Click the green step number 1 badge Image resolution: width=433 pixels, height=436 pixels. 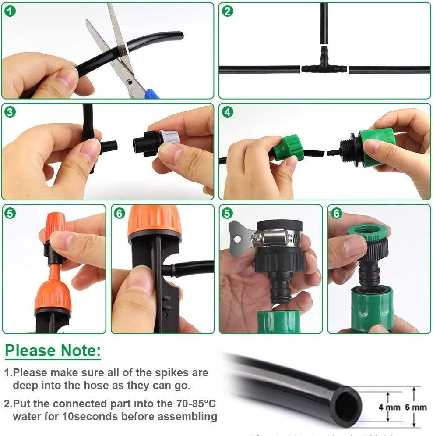pyautogui.click(x=10, y=11)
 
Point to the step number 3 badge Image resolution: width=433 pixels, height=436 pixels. pyautogui.click(x=10, y=112)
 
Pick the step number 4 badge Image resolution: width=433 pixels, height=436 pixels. pyautogui.click(x=227, y=112)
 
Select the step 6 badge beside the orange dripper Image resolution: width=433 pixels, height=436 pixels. pyautogui.click(x=119, y=214)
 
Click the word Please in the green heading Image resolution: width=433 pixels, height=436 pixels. pyautogui.click(x=30, y=351)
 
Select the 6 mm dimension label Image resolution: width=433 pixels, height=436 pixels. pyautogui.click(x=415, y=407)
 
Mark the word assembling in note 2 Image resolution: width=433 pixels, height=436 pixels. pyautogui.click(x=189, y=416)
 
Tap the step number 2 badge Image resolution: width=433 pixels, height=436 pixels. pyautogui.click(x=227, y=11)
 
